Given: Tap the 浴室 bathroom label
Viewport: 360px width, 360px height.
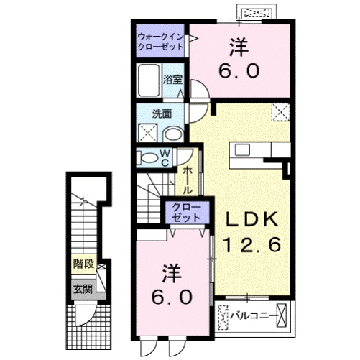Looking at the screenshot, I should coord(172,79).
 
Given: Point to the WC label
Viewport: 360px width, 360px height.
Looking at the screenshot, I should coord(164,157).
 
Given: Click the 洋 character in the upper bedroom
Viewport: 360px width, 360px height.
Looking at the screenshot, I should coord(240,45).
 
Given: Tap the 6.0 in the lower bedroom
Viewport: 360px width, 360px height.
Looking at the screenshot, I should coord(170,296).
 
